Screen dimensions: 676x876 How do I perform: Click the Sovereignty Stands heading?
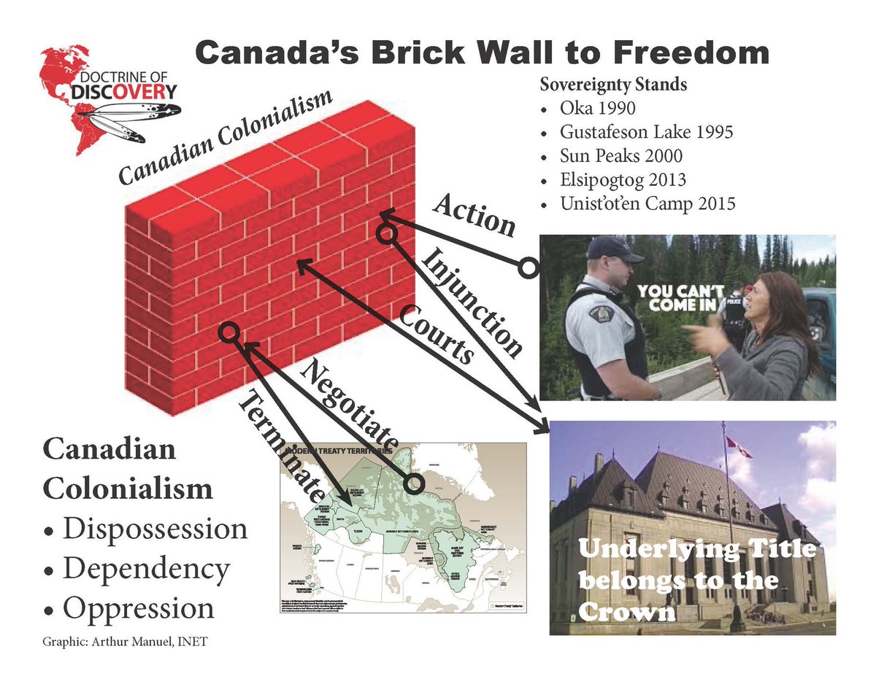613,84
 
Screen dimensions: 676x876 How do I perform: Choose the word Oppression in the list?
139,607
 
